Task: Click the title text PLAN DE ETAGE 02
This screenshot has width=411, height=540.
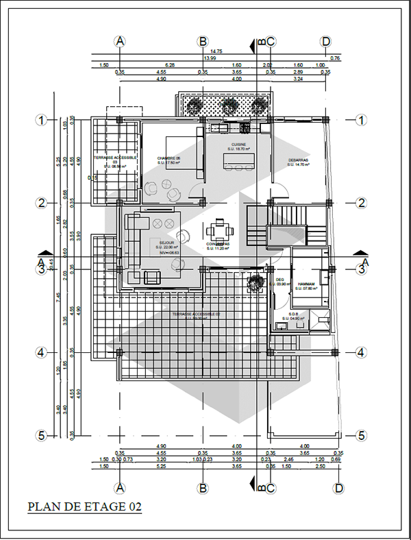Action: point(84,508)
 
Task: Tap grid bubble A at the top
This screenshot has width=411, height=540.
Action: point(121,41)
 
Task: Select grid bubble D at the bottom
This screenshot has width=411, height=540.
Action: point(338,488)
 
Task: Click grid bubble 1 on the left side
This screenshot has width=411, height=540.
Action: point(41,120)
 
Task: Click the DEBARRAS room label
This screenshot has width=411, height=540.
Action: point(299,160)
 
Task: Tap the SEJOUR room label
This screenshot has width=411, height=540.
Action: point(166,243)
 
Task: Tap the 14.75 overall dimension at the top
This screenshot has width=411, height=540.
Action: point(216,51)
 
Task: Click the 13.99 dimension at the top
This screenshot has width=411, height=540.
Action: point(210,58)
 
